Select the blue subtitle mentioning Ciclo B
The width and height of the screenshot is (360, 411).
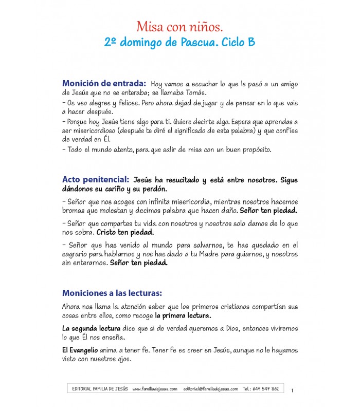tap(179, 42)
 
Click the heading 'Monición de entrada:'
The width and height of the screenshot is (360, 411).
tap(104, 83)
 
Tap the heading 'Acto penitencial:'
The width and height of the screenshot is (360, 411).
tap(95, 180)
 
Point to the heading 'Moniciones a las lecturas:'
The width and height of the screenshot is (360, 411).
tap(112, 293)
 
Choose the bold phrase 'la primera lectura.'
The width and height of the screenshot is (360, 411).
tap(183, 315)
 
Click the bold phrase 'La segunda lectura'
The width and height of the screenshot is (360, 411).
tap(91, 328)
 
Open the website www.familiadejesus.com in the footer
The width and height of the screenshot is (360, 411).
tap(155, 389)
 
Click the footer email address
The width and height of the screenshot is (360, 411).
tap(210, 389)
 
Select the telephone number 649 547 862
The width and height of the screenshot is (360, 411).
tap(267, 389)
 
